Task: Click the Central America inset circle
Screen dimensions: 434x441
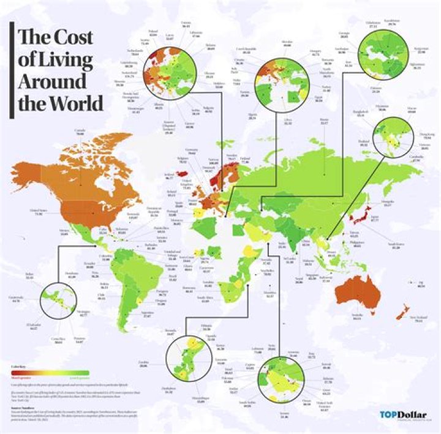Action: [56, 301]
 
